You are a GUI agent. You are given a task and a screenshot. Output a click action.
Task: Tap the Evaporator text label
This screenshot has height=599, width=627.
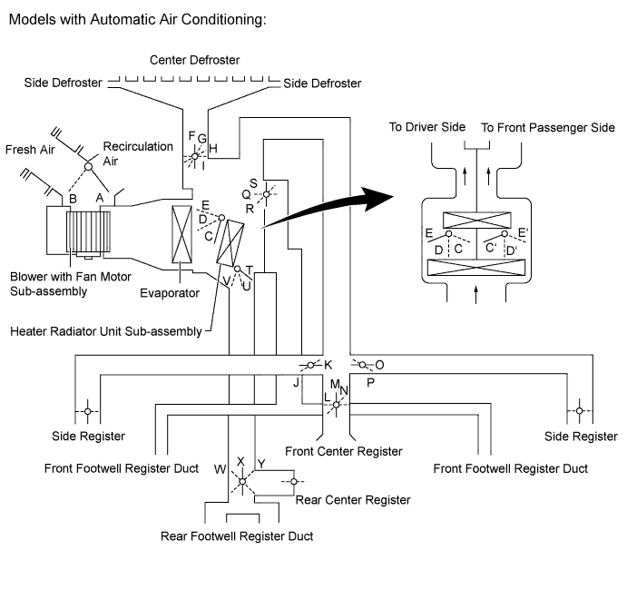(x=170, y=293)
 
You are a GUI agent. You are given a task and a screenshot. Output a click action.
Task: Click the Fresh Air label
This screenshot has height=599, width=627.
(x=30, y=150)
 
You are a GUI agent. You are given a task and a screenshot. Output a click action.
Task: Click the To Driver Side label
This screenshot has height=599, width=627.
(x=427, y=128)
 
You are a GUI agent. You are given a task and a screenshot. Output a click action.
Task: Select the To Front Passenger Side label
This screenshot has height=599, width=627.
(x=548, y=128)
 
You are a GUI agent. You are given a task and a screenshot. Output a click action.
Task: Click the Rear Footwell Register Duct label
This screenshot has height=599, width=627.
(x=237, y=535)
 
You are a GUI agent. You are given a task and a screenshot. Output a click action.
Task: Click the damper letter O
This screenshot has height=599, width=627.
(x=379, y=365)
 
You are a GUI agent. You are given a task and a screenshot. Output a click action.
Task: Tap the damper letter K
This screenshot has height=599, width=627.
(x=328, y=365)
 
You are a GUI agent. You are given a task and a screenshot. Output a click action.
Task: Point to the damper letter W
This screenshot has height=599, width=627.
(x=220, y=469)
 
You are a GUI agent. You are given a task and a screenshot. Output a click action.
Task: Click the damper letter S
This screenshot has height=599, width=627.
(x=253, y=183)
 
